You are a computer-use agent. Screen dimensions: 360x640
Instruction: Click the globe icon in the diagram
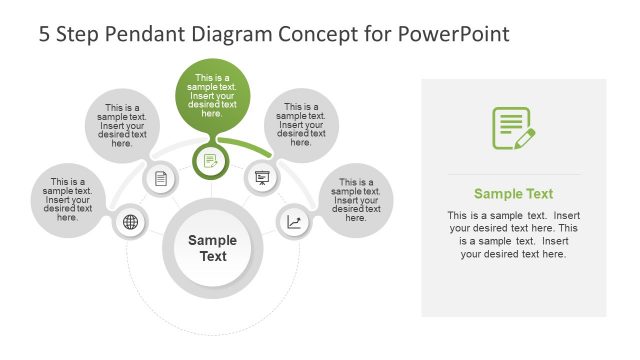tap(130, 222)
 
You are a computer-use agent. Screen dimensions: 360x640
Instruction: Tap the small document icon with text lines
tap(161, 179)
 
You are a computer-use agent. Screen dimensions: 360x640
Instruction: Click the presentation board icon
tap(261, 179)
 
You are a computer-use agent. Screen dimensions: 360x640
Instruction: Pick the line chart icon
tap(293, 222)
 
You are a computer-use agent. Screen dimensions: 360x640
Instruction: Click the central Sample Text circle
tap(213, 247)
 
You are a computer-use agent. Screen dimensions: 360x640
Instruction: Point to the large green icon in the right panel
tap(513, 129)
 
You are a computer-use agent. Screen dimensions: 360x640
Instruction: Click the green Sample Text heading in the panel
tap(513, 194)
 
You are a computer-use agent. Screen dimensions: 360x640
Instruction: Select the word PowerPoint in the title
tap(455, 34)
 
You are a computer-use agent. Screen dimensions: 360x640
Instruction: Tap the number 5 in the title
tap(45, 34)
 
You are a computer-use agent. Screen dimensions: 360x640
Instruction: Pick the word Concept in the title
tap(333, 34)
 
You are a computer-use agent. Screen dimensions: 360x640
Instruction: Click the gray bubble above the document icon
tap(124, 125)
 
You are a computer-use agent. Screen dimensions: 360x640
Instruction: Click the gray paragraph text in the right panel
tap(513, 235)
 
